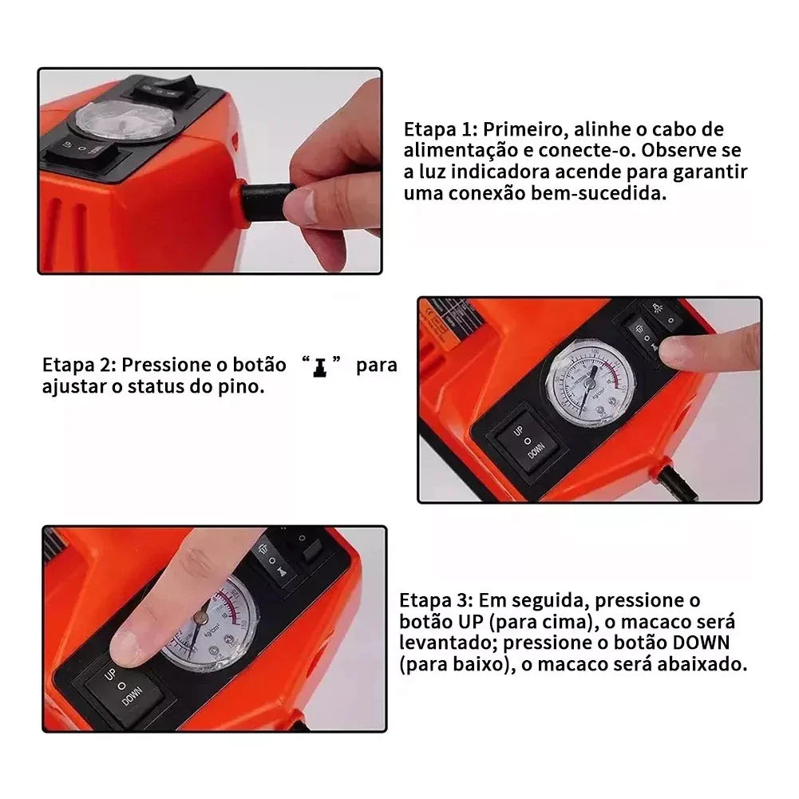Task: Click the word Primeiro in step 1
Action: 525,129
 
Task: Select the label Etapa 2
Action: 80,365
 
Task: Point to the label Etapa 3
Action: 437,600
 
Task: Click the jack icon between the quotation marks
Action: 319,367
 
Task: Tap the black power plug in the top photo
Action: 266,202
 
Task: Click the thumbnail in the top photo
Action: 303,207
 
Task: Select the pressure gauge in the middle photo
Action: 591,382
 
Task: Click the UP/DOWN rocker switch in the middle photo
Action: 528,441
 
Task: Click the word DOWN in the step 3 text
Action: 701,643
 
